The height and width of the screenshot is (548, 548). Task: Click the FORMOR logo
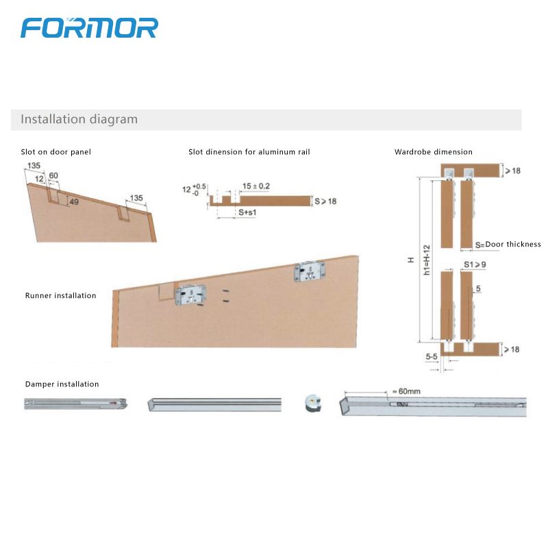click(89, 27)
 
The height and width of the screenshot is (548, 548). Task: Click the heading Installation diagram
click(79, 119)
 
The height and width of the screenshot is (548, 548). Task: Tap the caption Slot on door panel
click(55, 152)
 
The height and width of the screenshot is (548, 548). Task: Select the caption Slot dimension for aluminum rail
click(249, 152)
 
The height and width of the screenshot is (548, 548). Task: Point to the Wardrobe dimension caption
click(434, 152)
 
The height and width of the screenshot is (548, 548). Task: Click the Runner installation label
click(60, 296)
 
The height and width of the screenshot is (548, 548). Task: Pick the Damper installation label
click(62, 384)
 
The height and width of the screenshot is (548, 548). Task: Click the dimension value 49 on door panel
click(73, 201)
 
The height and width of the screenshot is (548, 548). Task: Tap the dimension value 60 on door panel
click(53, 176)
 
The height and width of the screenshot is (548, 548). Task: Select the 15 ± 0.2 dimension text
click(256, 186)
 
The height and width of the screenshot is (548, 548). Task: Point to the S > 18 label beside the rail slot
click(325, 201)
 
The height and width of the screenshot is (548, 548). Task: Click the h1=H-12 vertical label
click(426, 260)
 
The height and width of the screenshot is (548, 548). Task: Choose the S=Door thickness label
click(508, 245)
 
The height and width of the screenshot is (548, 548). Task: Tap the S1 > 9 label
click(474, 264)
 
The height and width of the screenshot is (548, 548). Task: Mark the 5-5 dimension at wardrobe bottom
click(432, 357)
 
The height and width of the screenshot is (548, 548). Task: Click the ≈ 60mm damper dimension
click(407, 392)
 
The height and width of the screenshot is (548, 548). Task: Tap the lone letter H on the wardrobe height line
click(411, 260)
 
